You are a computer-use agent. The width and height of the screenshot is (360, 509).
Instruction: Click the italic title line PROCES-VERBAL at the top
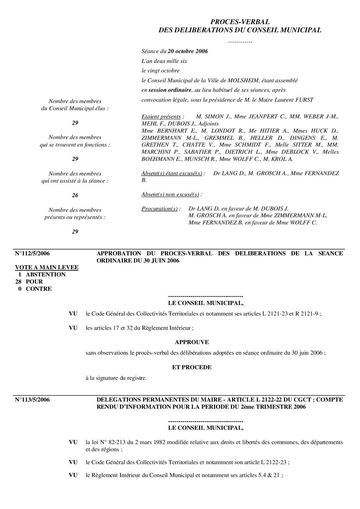[240, 22]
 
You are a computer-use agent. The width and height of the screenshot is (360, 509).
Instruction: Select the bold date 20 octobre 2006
[188, 51]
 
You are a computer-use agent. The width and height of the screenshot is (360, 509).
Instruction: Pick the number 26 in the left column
[75, 196]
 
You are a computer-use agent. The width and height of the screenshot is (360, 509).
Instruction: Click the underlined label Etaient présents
[161, 117]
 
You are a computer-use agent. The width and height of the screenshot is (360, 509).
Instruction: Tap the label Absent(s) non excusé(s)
[170, 194]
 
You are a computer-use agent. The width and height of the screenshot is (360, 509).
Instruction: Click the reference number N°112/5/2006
[32, 254]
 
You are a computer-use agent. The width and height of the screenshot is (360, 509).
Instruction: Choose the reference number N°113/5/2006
[32, 400]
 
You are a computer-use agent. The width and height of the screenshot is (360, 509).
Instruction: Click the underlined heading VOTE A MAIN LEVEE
[47, 268]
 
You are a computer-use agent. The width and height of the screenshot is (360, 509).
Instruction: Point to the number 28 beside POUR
[19, 282]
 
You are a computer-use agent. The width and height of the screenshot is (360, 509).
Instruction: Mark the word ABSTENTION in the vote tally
[46, 275]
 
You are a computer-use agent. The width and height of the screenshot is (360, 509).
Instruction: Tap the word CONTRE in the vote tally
[39, 289]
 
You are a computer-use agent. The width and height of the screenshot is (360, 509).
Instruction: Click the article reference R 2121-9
[307, 314]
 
